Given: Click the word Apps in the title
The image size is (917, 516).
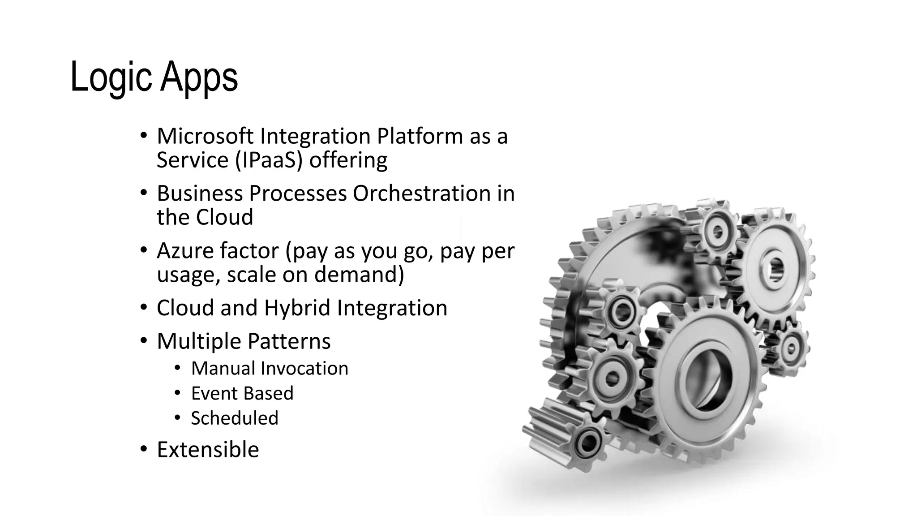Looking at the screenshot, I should pos(199,77).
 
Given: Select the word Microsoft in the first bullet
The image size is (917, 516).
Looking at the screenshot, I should pos(205,136).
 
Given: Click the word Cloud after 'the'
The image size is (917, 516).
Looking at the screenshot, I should pos(224,217).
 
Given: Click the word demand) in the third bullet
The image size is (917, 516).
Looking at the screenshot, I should pos(359,274).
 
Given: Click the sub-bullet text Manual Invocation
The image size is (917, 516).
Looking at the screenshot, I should pos(270,368).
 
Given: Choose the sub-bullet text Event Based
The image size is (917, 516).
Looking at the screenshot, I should pos(242,393).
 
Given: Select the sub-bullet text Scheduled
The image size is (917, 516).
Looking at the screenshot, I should pos(235,418).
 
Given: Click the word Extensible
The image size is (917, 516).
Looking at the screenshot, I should pos(208,449).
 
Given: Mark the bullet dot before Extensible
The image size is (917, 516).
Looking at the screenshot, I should pos(143,449).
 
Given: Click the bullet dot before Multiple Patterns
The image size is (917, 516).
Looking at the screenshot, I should pos(143,341).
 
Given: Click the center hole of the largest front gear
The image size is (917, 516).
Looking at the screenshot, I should pos(705,379).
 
